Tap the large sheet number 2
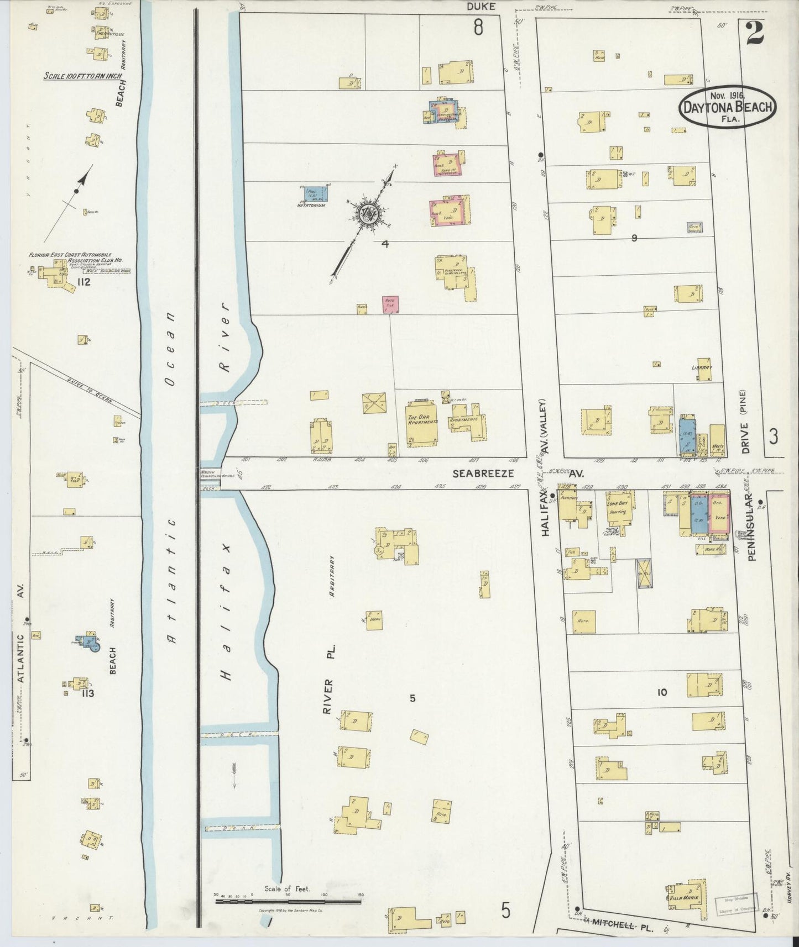tap(754, 33)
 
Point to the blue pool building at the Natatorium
tap(315, 193)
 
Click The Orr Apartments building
tap(422, 425)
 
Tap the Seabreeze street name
tap(483, 474)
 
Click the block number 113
tap(87, 693)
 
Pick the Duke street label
tap(481, 7)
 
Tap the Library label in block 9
tap(701, 367)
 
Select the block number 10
tap(662, 692)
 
